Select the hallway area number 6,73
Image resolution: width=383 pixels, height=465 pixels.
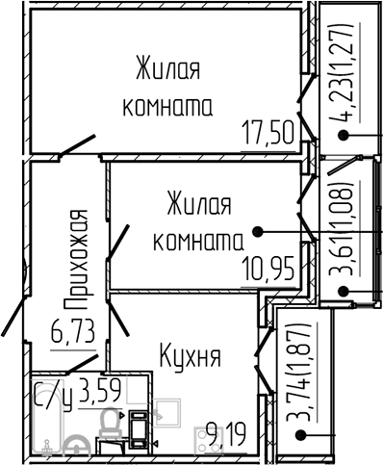[73, 333]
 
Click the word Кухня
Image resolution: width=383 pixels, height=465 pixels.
[191, 357]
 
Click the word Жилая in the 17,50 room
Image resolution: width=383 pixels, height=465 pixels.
[167, 70]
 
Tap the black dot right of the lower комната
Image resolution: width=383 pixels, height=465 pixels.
[257, 231]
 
